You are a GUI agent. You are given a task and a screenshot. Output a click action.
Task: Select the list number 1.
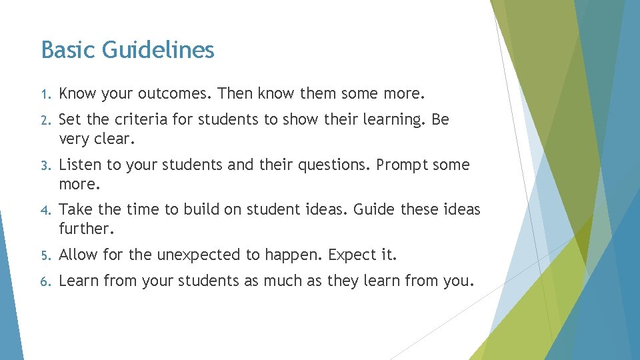point(44,94)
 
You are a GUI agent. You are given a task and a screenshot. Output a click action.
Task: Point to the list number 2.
point(44,121)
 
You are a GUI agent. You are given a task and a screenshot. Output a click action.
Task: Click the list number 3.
point(44,165)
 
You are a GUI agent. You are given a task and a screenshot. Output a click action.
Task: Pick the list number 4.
point(44,211)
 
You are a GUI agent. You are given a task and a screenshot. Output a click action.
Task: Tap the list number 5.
point(44,255)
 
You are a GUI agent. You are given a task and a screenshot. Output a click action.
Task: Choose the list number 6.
point(44,281)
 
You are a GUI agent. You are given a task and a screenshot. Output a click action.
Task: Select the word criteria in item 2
point(141,120)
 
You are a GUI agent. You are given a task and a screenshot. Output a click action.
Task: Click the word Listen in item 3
point(81,165)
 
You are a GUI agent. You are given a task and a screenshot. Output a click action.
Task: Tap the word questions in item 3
point(336,165)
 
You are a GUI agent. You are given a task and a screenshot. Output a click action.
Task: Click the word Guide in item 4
point(375,210)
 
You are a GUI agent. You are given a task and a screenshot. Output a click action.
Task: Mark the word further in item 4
point(85,229)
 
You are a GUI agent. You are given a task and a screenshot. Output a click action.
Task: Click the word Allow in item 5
point(78,255)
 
